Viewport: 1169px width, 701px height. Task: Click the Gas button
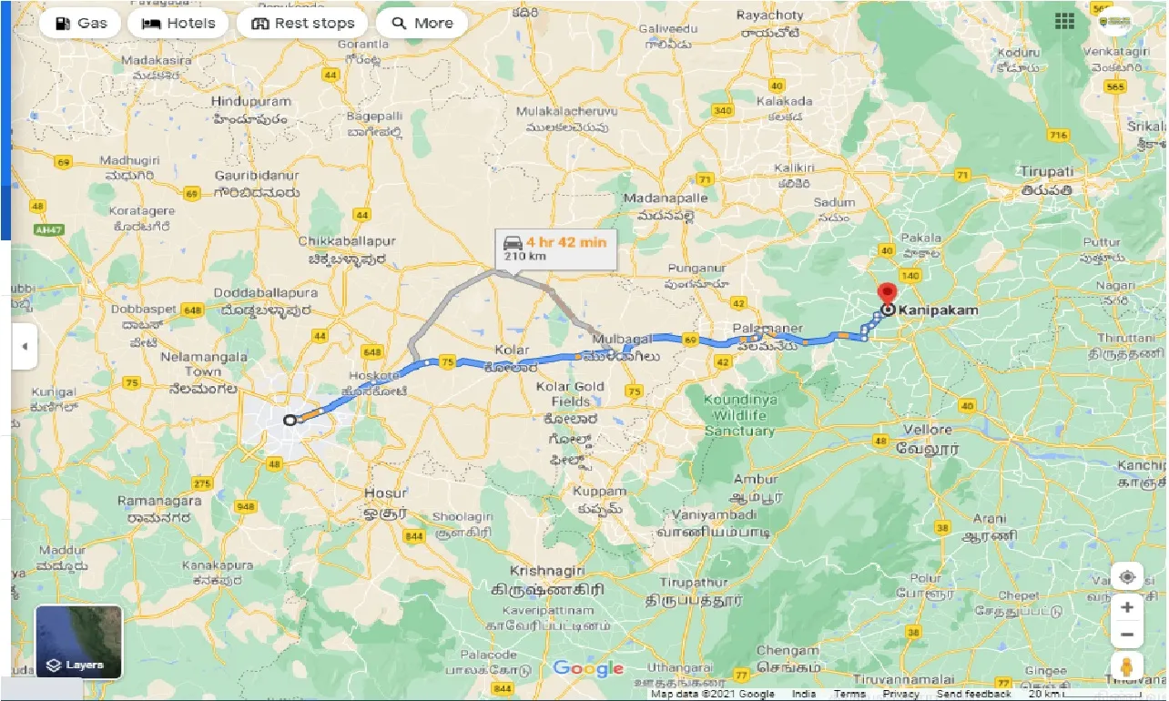pos(81,24)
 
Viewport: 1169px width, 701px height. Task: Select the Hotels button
pos(178,24)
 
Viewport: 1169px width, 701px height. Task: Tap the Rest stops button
pos(302,24)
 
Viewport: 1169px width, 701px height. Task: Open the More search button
pos(422,24)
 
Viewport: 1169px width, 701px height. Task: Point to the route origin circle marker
pos(290,420)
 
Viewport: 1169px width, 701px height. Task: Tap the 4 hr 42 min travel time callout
pos(554,249)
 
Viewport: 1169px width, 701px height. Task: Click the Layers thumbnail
pos(78,642)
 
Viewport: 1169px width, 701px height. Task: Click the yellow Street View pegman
pos(1126,666)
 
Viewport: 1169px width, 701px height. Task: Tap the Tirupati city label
pos(1046,172)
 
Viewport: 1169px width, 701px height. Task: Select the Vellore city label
pos(928,430)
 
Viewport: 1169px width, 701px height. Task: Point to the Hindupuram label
pos(251,102)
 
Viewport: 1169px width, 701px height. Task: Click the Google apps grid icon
pos(1064,21)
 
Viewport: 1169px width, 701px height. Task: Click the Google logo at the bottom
pos(588,669)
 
